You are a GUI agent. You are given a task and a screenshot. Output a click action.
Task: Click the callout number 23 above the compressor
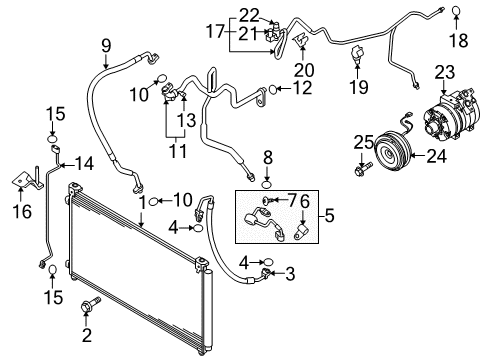click(x=445, y=72)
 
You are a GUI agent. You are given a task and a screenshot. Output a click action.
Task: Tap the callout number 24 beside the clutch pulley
click(x=437, y=156)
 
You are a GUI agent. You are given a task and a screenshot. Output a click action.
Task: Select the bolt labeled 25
click(x=362, y=169)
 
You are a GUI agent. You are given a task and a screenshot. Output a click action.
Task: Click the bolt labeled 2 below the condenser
click(x=90, y=304)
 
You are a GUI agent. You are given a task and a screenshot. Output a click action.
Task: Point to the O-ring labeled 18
click(x=456, y=11)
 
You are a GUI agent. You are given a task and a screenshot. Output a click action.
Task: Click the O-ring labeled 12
click(x=272, y=89)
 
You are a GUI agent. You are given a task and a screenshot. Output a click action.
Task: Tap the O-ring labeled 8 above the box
click(x=267, y=184)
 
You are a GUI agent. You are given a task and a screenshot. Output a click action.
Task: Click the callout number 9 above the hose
click(x=106, y=46)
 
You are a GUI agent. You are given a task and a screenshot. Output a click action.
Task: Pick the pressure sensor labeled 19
click(x=356, y=54)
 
